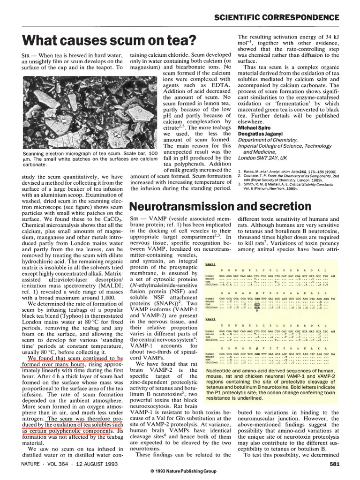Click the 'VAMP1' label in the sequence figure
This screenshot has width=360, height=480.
[210, 264]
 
